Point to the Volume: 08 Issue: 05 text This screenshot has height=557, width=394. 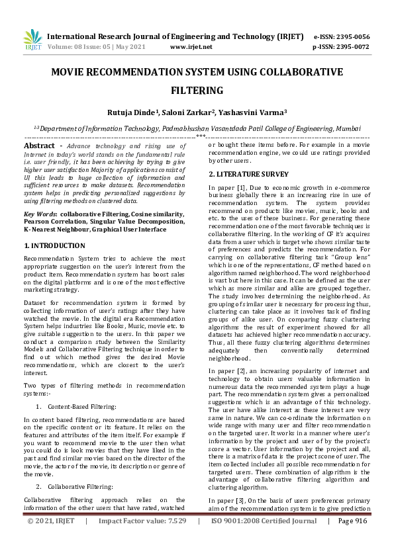pos(81,47)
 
